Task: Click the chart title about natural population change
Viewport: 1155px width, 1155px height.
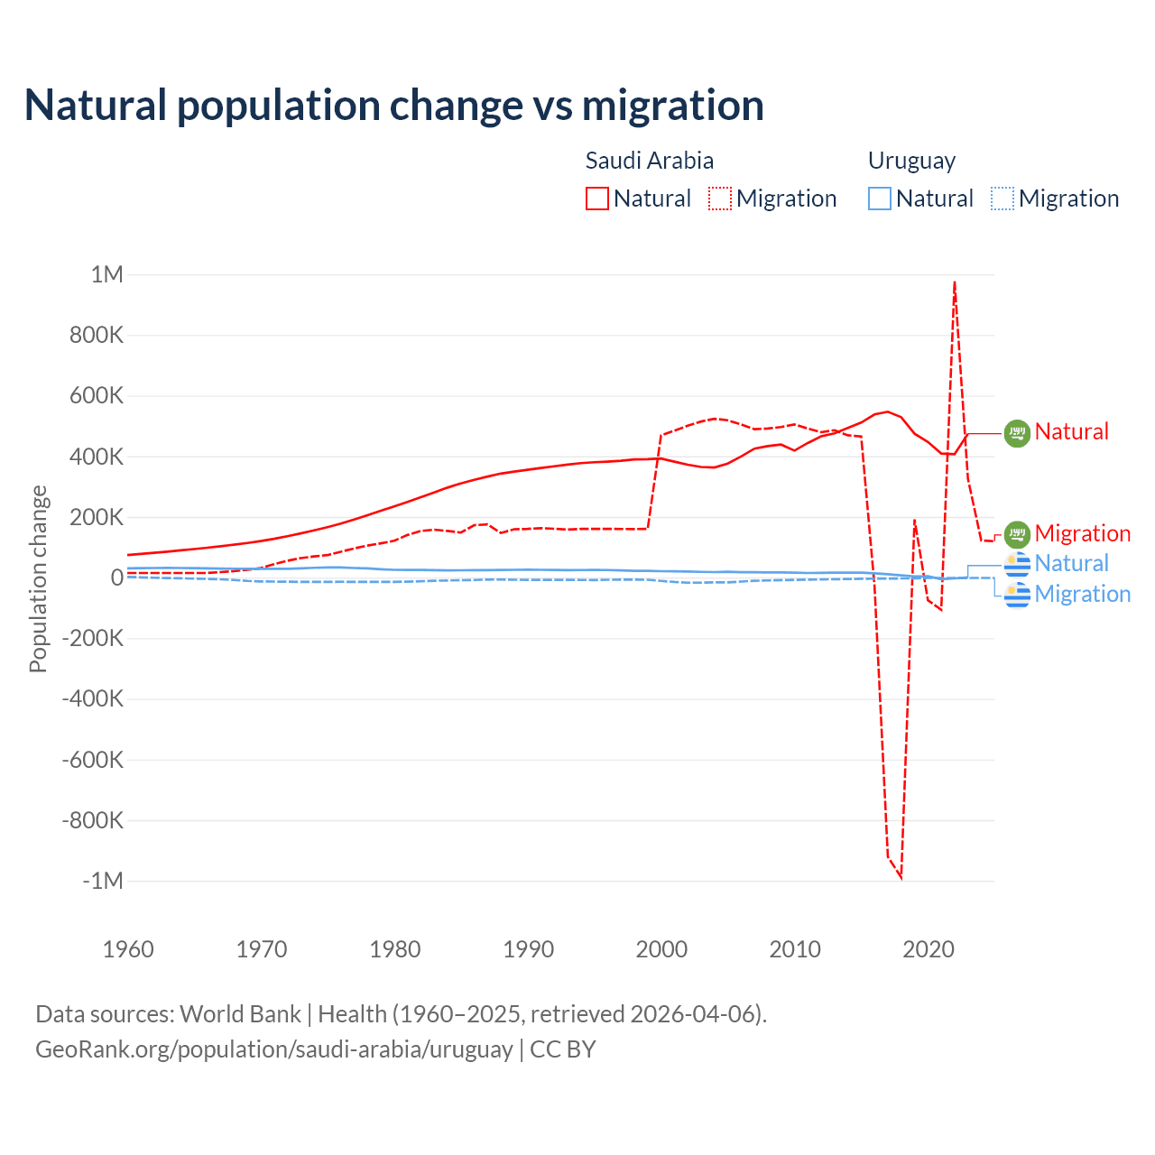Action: pyautogui.click(x=394, y=106)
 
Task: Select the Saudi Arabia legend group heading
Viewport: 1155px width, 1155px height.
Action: pyautogui.click(x=650, y=161)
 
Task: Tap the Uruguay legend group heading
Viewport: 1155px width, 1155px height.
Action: pyautogui.click(x=911, y=161)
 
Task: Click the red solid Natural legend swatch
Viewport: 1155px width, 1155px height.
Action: pyautogui.click(x=597, y=199)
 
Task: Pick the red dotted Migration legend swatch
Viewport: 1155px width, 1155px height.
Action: pyautogui.click(x=720, y=199)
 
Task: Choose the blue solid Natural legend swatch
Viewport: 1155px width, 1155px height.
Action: pyautogui.click(x=880, y=199)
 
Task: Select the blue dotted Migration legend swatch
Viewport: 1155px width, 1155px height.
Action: pyautogui.click(x=1003, y=199)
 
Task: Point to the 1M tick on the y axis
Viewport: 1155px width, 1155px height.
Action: pyautogui.click(x=106, y=274)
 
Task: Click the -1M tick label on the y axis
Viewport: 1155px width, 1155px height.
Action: pyautogui.click(x=102, y=881)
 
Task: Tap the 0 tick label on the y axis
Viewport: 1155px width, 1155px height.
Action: pyautogui.click(x=116, y=577)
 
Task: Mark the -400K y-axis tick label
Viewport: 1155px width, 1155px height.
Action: pyautogui.click(x=92, y=698)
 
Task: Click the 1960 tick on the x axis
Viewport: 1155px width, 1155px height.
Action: pyautogui.click(x=128, y=949)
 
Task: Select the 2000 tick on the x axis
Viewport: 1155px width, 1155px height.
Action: pyautogui.click(x=661, y=949)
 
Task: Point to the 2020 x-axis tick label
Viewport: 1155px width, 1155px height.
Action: pyautogui.click(x=929, y=949)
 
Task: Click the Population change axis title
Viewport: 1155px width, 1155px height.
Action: pyautogui.click(x=38, y=578)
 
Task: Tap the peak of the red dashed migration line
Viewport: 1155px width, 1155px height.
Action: pyautogui.click(x=955, y=282)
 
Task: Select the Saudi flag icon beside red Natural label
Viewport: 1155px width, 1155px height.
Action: pyautogui.click(x=1017, y=433)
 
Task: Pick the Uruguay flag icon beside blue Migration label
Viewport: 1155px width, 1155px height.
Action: pyautogui.click(x=1017, y=595)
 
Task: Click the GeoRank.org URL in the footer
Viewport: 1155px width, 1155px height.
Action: pyautogui.click(x=273, y=1049)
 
